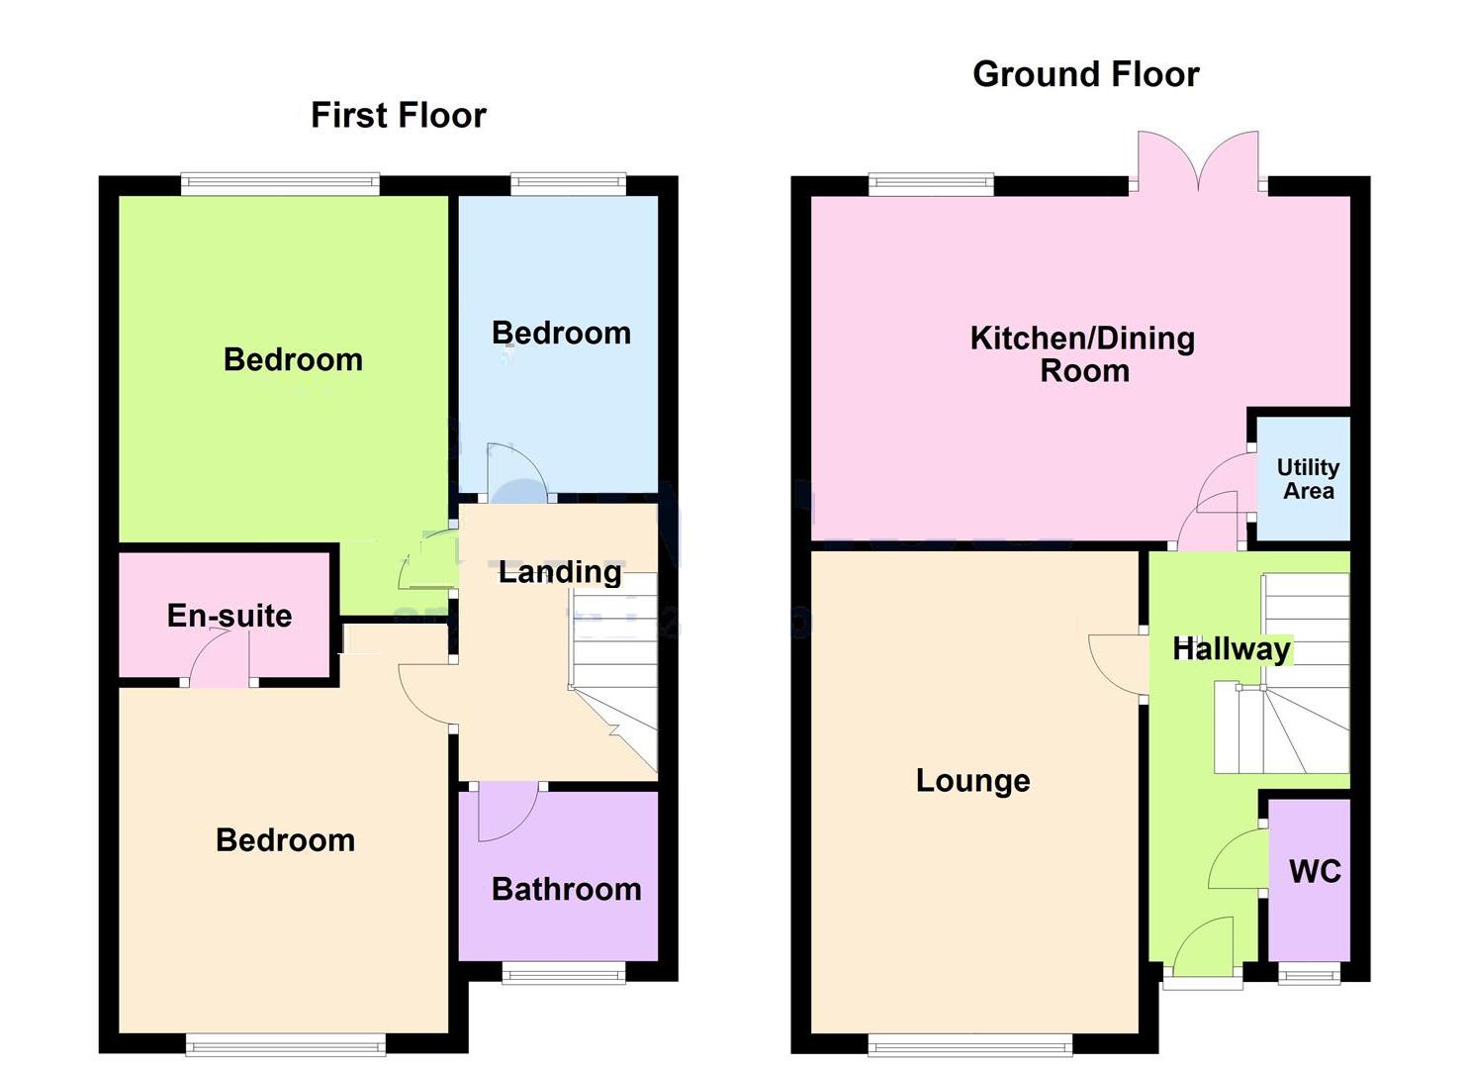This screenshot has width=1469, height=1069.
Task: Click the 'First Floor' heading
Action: (398, 115)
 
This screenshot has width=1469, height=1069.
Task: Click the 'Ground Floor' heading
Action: (1085, 74)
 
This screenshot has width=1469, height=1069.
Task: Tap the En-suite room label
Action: (230, 616)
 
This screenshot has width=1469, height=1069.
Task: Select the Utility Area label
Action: (1308, 479)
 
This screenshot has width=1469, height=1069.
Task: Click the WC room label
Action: (1315, 872)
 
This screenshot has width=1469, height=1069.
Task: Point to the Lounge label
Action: (972, 781)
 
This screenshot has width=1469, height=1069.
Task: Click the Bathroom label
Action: (566, 889)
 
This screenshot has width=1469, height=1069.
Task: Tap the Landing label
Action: (560, 571)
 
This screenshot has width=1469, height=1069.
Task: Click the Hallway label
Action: (1231, 649)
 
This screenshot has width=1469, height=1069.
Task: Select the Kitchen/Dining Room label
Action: (1083, 353)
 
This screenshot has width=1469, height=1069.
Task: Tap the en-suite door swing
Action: (218, 660)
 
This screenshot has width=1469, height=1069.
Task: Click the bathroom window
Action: (564, 976)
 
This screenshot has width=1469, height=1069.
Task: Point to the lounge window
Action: (969, 1044)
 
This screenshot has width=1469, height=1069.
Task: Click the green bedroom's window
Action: (281, 184)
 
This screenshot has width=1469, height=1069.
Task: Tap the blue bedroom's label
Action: (561, 334)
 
